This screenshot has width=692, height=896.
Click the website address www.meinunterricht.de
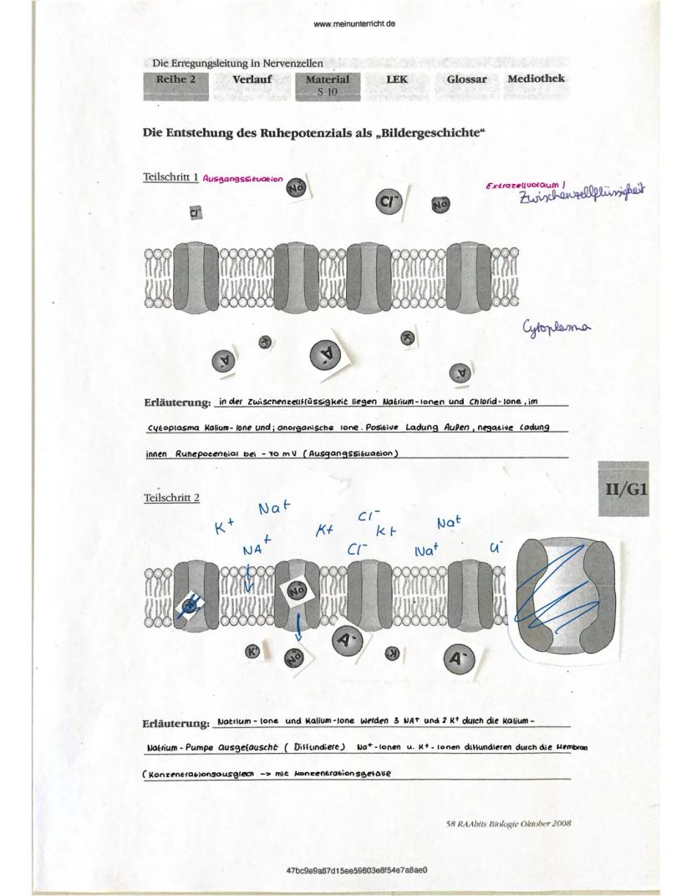point(354,23)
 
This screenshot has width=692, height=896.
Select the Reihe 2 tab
point(176,79)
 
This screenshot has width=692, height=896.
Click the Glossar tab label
point(466,79)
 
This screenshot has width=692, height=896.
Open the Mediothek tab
point(535,79)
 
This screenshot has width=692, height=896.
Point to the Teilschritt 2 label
point(171,498)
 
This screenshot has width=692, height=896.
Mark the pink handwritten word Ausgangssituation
point(243,179)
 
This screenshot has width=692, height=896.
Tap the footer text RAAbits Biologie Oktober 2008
point(508,823)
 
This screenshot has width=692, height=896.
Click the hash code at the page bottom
point(357,870)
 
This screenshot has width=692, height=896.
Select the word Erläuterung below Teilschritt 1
point(176,404)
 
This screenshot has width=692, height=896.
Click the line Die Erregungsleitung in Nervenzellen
point(237,64)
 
